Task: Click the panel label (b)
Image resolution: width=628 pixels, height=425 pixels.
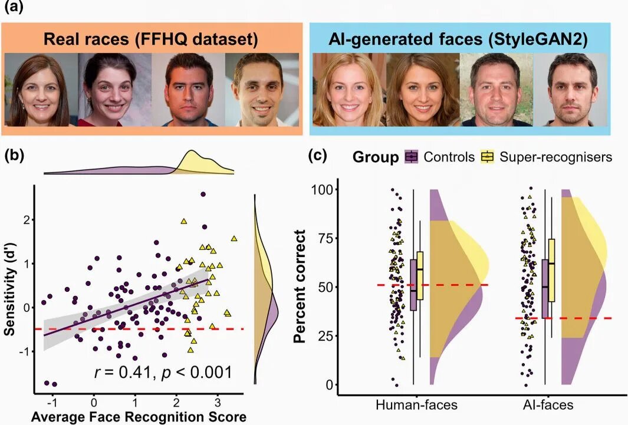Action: tap(15, 156)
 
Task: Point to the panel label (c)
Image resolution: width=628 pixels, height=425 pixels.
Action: tap(319, 156)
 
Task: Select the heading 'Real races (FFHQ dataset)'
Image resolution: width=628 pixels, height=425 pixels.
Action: tap(152, 40)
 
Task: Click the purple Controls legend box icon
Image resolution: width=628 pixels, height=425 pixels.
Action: tap(412, 157)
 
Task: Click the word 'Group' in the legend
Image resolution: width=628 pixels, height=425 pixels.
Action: tap(376, 157)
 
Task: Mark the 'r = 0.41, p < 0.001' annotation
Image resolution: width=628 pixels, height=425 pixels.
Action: tap(163, 372)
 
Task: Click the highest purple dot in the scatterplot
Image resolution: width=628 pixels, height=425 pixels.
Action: tap(203, 194)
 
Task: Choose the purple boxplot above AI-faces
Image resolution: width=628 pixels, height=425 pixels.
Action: tap(545, 285)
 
